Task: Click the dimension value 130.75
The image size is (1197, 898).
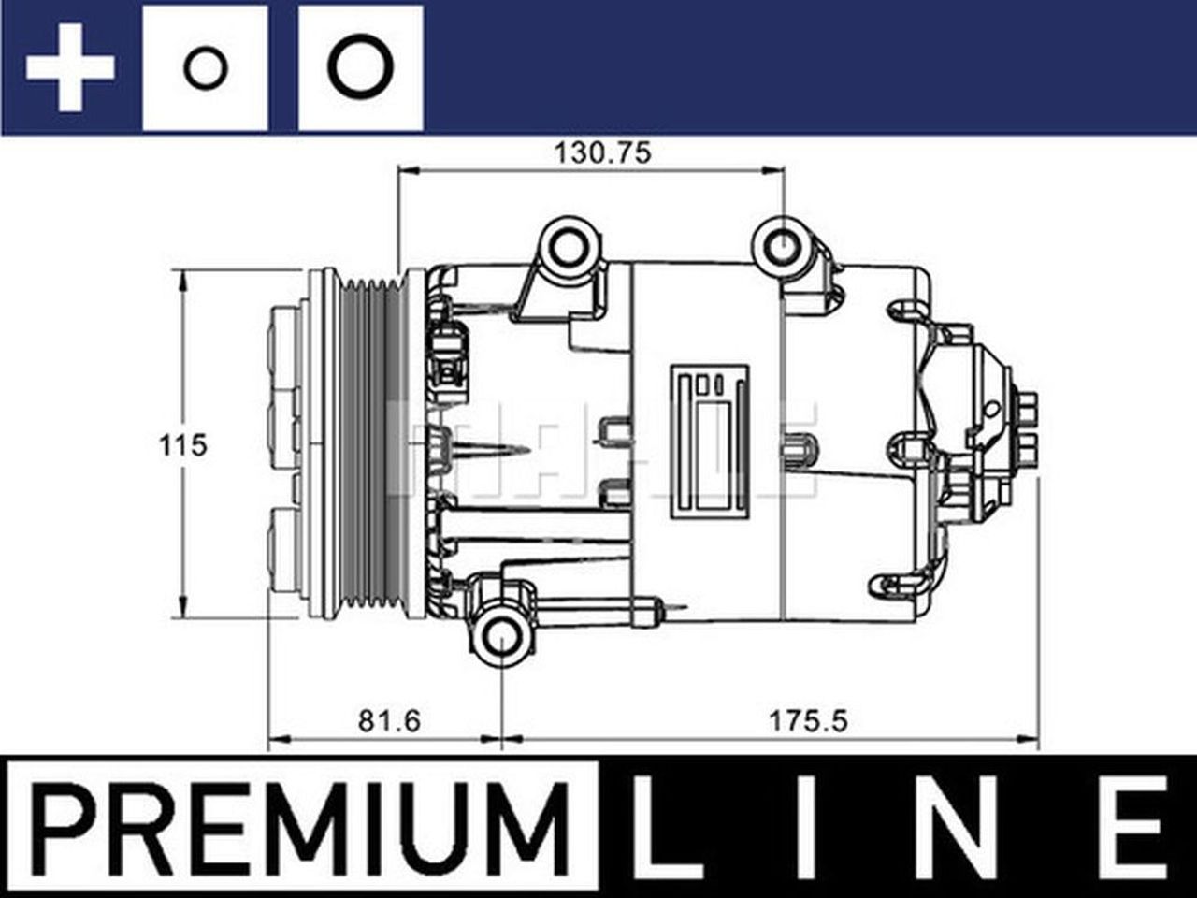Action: tap(602, 152)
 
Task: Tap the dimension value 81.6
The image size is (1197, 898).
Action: tap(390, 720)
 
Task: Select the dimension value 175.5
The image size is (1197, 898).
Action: tap(807, 720)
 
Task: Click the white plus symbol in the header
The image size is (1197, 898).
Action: tap(70, 68)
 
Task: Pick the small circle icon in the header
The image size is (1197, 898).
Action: tap(205, 68)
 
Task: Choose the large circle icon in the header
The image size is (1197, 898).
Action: tap(361, 68)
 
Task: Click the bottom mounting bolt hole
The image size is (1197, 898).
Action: tap(502, 639)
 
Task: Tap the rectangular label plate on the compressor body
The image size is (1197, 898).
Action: tap(710, 439)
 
